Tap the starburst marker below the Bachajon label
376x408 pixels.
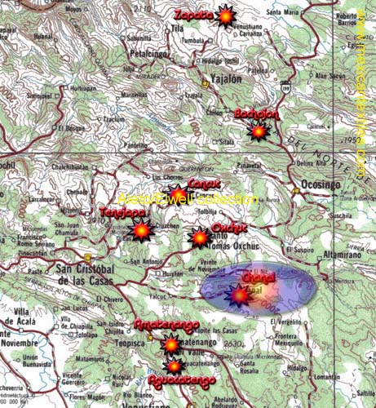[x=259, y=131]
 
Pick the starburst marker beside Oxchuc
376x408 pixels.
[x=199, y=237]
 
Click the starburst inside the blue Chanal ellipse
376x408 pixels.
[x=238, y=298]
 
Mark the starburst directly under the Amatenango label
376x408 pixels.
[x=170, y=345]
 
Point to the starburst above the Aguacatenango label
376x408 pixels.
[x=173, y=366]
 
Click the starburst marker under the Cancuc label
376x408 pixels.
[x=178, y=194]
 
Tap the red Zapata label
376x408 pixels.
[x=194, y=15]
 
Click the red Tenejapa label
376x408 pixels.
[x=122, y=212]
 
